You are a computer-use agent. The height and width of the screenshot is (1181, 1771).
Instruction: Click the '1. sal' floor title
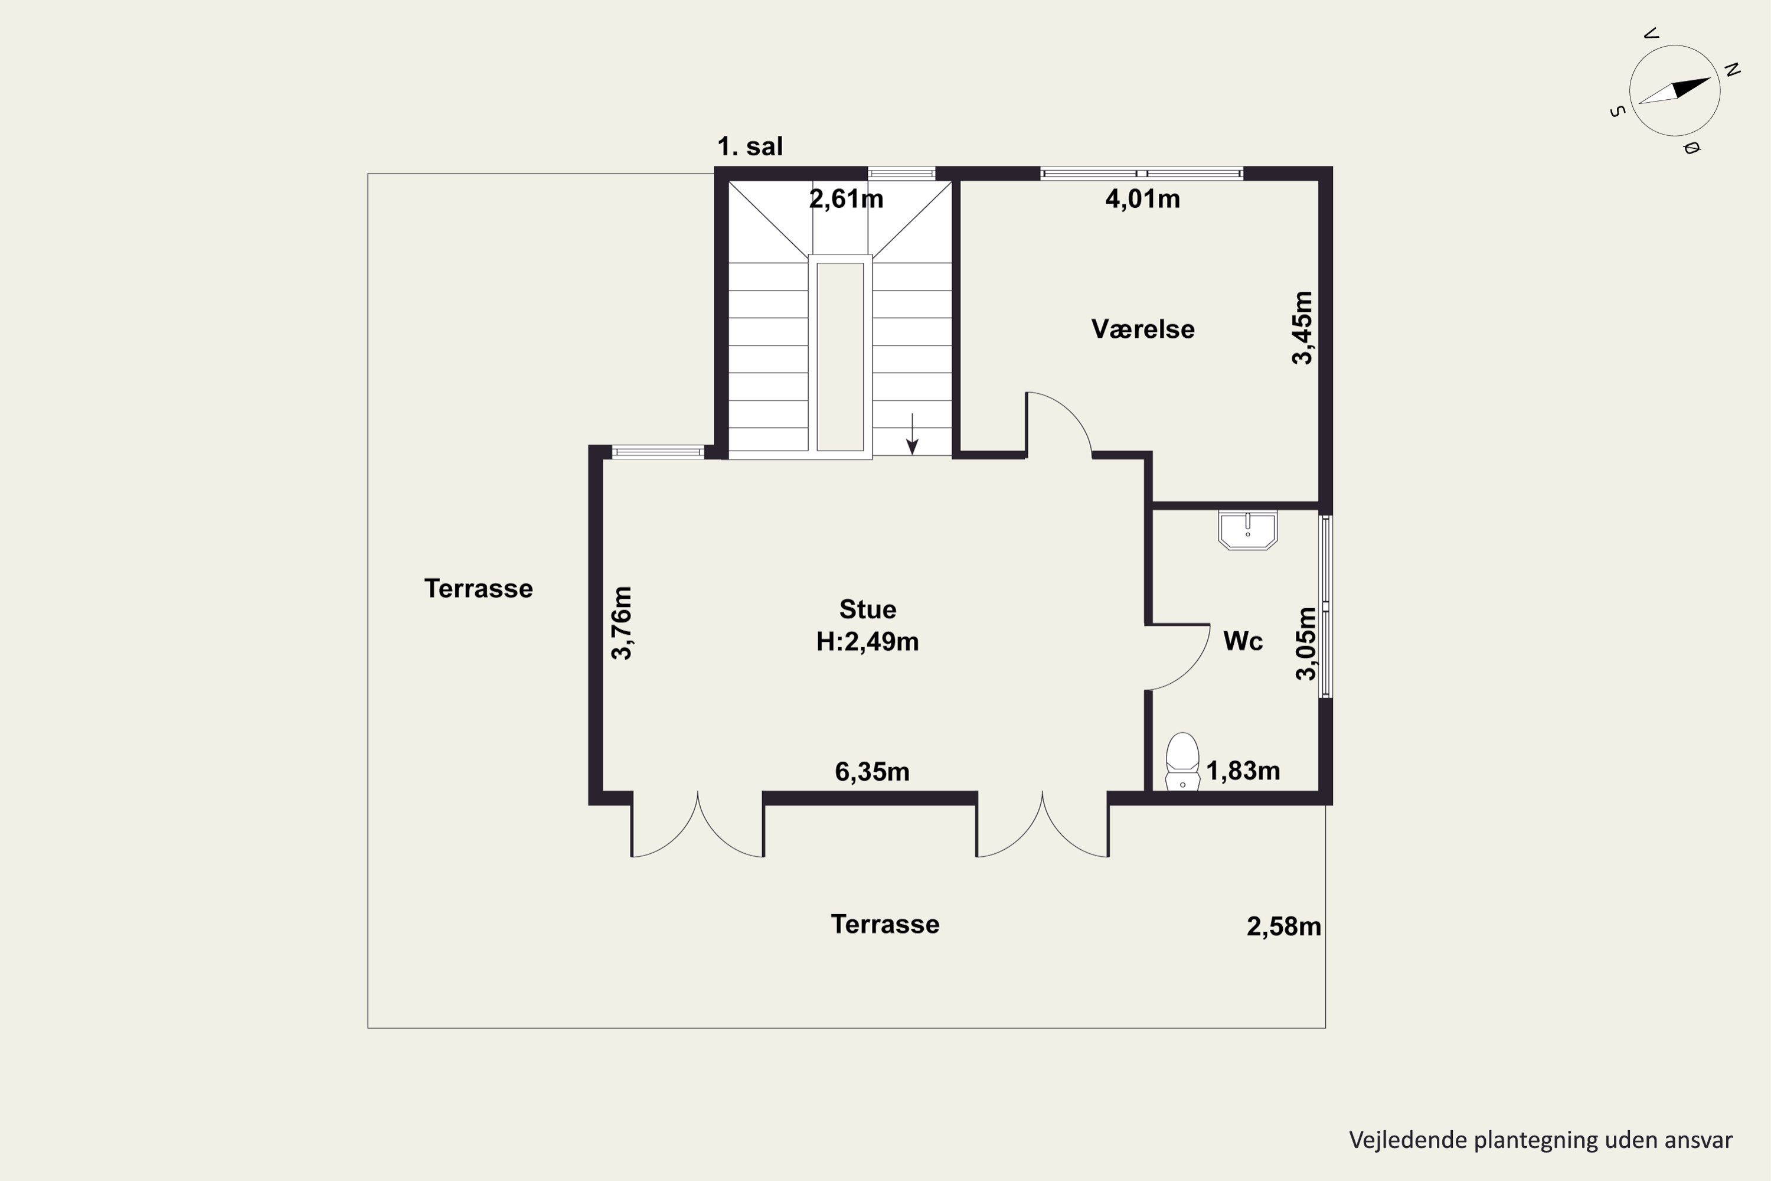coord(750,146)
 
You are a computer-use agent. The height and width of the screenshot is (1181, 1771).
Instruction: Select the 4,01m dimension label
coord(1142,199)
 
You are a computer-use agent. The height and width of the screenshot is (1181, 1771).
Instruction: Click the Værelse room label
coord(1143,329)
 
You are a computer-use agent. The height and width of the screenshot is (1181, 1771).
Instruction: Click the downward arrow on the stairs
coord(912,434)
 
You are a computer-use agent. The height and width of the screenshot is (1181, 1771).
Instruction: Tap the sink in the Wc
coord(1248,530)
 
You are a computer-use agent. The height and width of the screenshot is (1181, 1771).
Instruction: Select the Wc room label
coord(1243,641)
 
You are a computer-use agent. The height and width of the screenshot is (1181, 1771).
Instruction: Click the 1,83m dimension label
coord(1243,771)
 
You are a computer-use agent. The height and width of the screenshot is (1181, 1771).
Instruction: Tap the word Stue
coord(867,609)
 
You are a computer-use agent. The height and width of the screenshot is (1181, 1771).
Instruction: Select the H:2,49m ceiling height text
coord(867,642)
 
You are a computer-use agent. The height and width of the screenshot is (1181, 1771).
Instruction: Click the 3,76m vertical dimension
coord(621,623)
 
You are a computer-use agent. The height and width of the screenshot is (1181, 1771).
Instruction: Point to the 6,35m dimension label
coord(872,772)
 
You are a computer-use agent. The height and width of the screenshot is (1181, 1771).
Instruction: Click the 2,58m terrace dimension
coord(1284,926)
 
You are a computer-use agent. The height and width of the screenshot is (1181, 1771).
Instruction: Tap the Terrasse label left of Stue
coord(479,588)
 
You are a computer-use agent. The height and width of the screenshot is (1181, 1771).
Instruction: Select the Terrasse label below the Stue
coord(886,924)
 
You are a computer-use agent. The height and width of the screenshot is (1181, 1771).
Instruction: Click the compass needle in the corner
coord(1675,90)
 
